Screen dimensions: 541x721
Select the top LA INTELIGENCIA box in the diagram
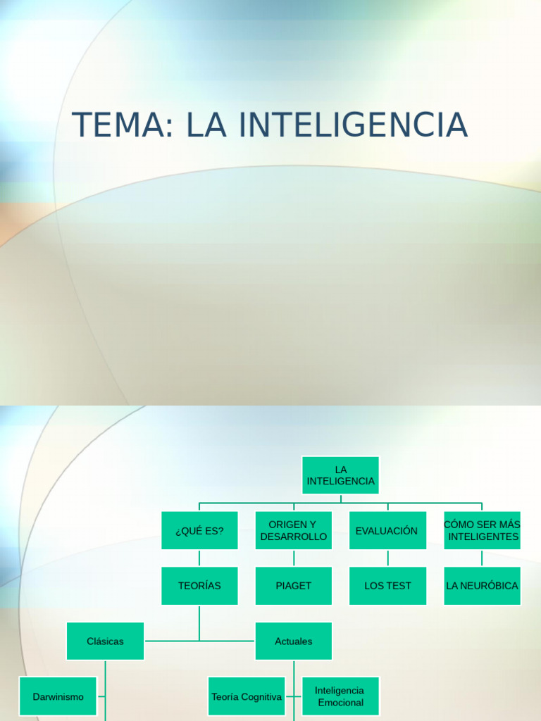click(341, 475)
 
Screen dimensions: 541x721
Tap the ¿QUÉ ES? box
click(199, 531)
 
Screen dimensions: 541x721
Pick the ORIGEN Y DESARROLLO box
click(294, 531)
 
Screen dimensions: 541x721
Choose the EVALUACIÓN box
click(387, 531)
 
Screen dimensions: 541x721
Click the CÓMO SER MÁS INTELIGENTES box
click(483, 531)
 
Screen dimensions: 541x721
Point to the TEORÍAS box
click(199, 586)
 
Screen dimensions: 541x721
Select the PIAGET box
click(294, 586)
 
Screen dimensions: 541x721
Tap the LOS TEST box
click(387, 586)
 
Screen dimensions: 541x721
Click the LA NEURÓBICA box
click(483, 586)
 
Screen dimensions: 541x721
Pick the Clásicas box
click(105, 641)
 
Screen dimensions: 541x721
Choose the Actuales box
click(294, 641)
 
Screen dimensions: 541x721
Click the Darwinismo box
click(58, 696)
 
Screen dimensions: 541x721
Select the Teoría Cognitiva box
click(247, 696)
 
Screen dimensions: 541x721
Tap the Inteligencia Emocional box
click(340, 696)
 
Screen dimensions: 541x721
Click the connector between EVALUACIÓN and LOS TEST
click(387, 558)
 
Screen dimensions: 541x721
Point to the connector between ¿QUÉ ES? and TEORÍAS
click(199, 558)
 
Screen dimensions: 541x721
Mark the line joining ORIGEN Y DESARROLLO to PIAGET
click(294, 558)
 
